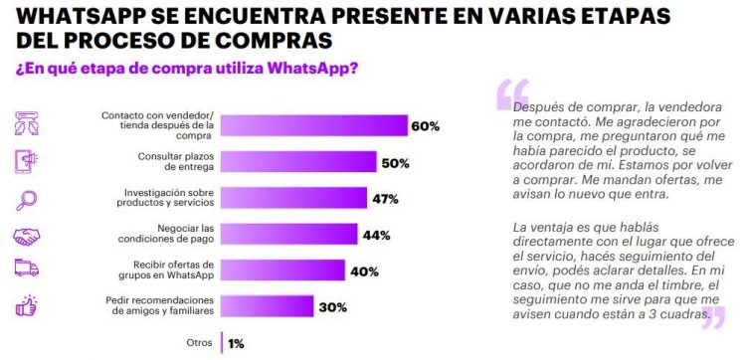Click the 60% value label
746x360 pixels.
point(426,126)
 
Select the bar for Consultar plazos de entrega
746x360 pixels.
point(297,162)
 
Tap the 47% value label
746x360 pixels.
point(385,198)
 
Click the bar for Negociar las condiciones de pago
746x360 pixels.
point(288,234)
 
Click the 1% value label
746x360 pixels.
point(235,343)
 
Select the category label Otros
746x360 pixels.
point(201,342)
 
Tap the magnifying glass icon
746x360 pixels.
point(28,198)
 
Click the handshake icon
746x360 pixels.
point(28,235)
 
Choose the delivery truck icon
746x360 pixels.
point(28,270)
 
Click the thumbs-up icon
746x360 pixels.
point(28,306)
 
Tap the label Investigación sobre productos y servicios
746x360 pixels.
point(161,198)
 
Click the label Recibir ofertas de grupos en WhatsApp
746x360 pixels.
point(161,270)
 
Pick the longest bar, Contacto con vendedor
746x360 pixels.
point(313,125)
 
